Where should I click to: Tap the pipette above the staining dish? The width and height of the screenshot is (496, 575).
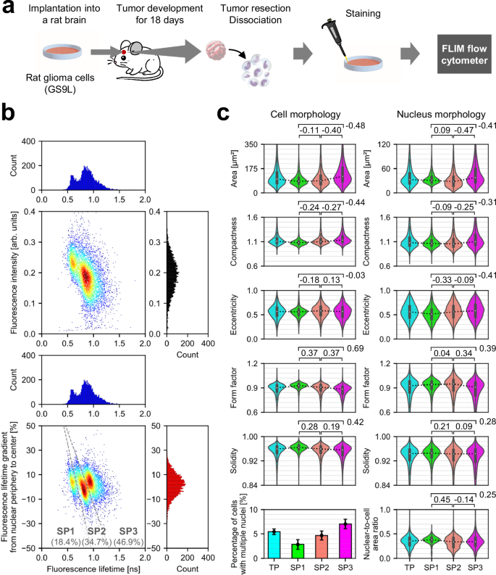[x=332, y=36]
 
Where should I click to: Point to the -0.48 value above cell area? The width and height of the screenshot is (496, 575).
[x=355, y=126]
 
